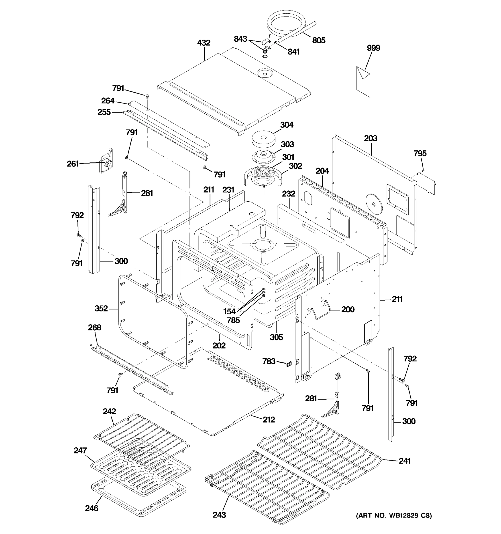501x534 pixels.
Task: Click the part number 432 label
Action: (x=204, y=43)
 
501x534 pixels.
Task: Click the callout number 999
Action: (x=373, y=48)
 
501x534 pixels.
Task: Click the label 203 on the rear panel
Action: (x=371, y=138)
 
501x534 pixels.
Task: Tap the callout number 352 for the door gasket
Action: (x=101, y=308)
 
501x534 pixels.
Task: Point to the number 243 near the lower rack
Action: (x=219, y=515)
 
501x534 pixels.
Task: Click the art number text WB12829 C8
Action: (x=394, y=516)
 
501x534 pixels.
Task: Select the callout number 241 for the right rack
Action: (x=405, y=461)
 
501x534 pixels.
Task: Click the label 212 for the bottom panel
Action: (x=269, y=419)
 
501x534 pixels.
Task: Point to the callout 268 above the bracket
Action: (x=95, y=328)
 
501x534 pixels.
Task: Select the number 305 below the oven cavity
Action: (x=276, y=337)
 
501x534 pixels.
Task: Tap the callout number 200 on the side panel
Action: (x=348, y=309)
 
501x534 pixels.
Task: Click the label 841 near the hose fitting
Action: (x=293, y=52)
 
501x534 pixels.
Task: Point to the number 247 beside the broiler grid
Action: (x=80, y=451)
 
